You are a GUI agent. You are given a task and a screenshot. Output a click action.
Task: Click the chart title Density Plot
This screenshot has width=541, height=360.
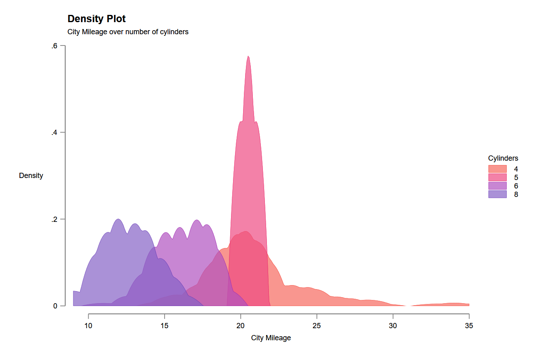tap(97, 19)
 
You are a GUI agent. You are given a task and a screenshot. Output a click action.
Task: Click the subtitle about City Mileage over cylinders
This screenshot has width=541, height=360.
tap(128, 32)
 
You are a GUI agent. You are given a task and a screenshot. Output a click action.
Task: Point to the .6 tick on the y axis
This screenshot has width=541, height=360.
tap(54, 46)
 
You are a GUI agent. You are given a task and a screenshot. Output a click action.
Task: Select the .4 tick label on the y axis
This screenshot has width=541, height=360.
tap(54, 133)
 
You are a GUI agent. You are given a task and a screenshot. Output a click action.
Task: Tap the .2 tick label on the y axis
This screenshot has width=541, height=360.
tap(54, 219)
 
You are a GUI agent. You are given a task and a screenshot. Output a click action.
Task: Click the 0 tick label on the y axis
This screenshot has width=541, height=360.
tap(56, 306)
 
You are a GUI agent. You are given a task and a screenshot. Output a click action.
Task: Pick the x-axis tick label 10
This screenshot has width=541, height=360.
tap(89, 325)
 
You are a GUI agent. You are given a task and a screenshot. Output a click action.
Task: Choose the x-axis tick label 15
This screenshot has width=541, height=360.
tap(165, 325)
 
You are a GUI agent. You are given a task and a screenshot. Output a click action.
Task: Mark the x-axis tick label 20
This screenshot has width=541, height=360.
tap(241, 325)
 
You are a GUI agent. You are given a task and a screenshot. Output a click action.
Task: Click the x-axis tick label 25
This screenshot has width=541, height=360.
tap(317, 325)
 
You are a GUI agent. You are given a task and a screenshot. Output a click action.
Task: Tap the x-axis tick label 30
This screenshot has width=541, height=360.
tap(393, 325)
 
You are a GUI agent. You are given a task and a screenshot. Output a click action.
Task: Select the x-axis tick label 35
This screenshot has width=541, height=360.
tap(469, 325)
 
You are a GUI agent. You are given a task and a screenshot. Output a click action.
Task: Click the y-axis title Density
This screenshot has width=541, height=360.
tap(31, 176)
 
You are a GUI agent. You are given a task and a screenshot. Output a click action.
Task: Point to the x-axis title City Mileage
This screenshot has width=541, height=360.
tap(271, 338)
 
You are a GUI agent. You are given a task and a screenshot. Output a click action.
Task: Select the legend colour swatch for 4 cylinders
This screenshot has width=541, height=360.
tap(497, 169)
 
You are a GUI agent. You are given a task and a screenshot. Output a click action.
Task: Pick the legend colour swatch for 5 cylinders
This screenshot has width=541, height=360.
tap(497, 178)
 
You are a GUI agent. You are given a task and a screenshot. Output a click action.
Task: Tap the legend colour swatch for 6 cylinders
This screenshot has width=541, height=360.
tap(497, 186)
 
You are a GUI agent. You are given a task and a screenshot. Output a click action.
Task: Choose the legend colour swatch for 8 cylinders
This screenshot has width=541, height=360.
tap(497, 194)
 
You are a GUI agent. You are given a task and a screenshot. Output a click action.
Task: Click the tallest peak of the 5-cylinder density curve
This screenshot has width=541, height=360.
tap(248, 56)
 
